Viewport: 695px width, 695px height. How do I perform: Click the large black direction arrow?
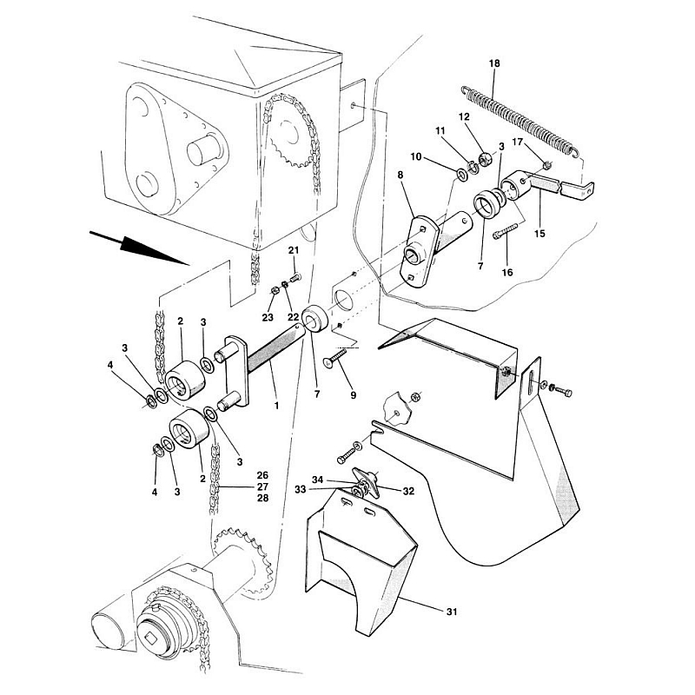click(x=140, y=248)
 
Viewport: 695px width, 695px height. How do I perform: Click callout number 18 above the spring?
click(x=494, y=63)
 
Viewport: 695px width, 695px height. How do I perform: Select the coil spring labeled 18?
click(x=520, y=120)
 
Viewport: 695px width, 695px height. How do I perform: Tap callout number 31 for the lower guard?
click(x=452, y=612)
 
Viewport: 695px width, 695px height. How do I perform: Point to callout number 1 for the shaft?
click(x=276, y=405)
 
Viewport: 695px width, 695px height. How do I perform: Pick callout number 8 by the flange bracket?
click(x=400, y=175)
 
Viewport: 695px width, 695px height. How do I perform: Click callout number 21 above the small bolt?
click(x=294, y=250)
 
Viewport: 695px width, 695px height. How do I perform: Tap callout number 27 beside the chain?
click(x=263, y=486)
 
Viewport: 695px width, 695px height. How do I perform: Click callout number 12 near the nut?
click(x=464, y=117)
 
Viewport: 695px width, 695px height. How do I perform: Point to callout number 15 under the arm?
click(x=539, y=233)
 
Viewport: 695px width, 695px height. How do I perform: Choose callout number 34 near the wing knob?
click(x=317, y=480)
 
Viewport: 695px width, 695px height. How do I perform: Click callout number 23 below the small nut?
click(x=268, y=317)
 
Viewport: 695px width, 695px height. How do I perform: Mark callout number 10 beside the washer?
click(x=416, y=157)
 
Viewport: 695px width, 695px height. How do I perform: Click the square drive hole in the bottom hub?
click(x=151, y=639)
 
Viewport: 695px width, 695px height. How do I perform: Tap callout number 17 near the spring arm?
click(x=517, y=142)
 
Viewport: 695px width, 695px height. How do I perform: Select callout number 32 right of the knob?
click(x=408, y=491)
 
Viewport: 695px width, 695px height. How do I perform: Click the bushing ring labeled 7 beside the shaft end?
click(x=315, y=319)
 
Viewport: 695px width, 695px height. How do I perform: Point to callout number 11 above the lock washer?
click(x=440, y=131)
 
